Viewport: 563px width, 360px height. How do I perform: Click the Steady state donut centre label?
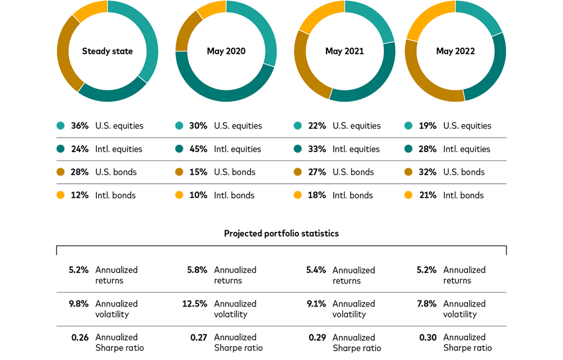pyautogui.click(x=107, y=51)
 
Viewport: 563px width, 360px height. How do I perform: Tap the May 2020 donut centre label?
pyautogui.click(x=226, y=51)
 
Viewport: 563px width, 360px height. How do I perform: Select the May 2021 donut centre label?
pyautogui.click(x=345, y=51)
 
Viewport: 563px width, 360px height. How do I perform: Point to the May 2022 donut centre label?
pyautogui.click(x=455, y=51)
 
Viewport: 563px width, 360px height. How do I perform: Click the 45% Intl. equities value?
pyautogui.click(x=198, y=149)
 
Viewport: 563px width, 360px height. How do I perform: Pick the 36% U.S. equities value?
pyautogui.click(x=80, y=126)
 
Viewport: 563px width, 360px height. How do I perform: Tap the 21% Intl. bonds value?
pyautogui.click(x=428, y=195)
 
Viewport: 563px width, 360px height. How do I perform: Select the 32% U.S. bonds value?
pyautogui.click(x=428, y=172)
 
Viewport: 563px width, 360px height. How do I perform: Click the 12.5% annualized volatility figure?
pyautogui.click(x=195, y=304)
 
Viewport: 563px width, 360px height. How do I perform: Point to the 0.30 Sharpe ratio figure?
pyautogui.click(x=428, y=337)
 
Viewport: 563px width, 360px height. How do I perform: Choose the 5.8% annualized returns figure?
pyautogui.click(x=197, y=270)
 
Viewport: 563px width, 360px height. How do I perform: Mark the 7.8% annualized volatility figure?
pyautogui.click(x=426, y=304)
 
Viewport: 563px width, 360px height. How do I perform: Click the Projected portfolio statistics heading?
pyautogui.click(x=281, y=234)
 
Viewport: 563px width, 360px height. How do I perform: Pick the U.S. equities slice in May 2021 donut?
pyautogui.click(x=374, y=17)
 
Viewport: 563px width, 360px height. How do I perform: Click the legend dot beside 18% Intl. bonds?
pyautogui.click(x=298, y=195)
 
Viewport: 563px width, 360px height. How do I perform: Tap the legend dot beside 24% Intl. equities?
pyautogui.click(x=61, y=149)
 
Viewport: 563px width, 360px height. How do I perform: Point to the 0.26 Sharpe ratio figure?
pyautogui.click(x=80, y=337)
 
